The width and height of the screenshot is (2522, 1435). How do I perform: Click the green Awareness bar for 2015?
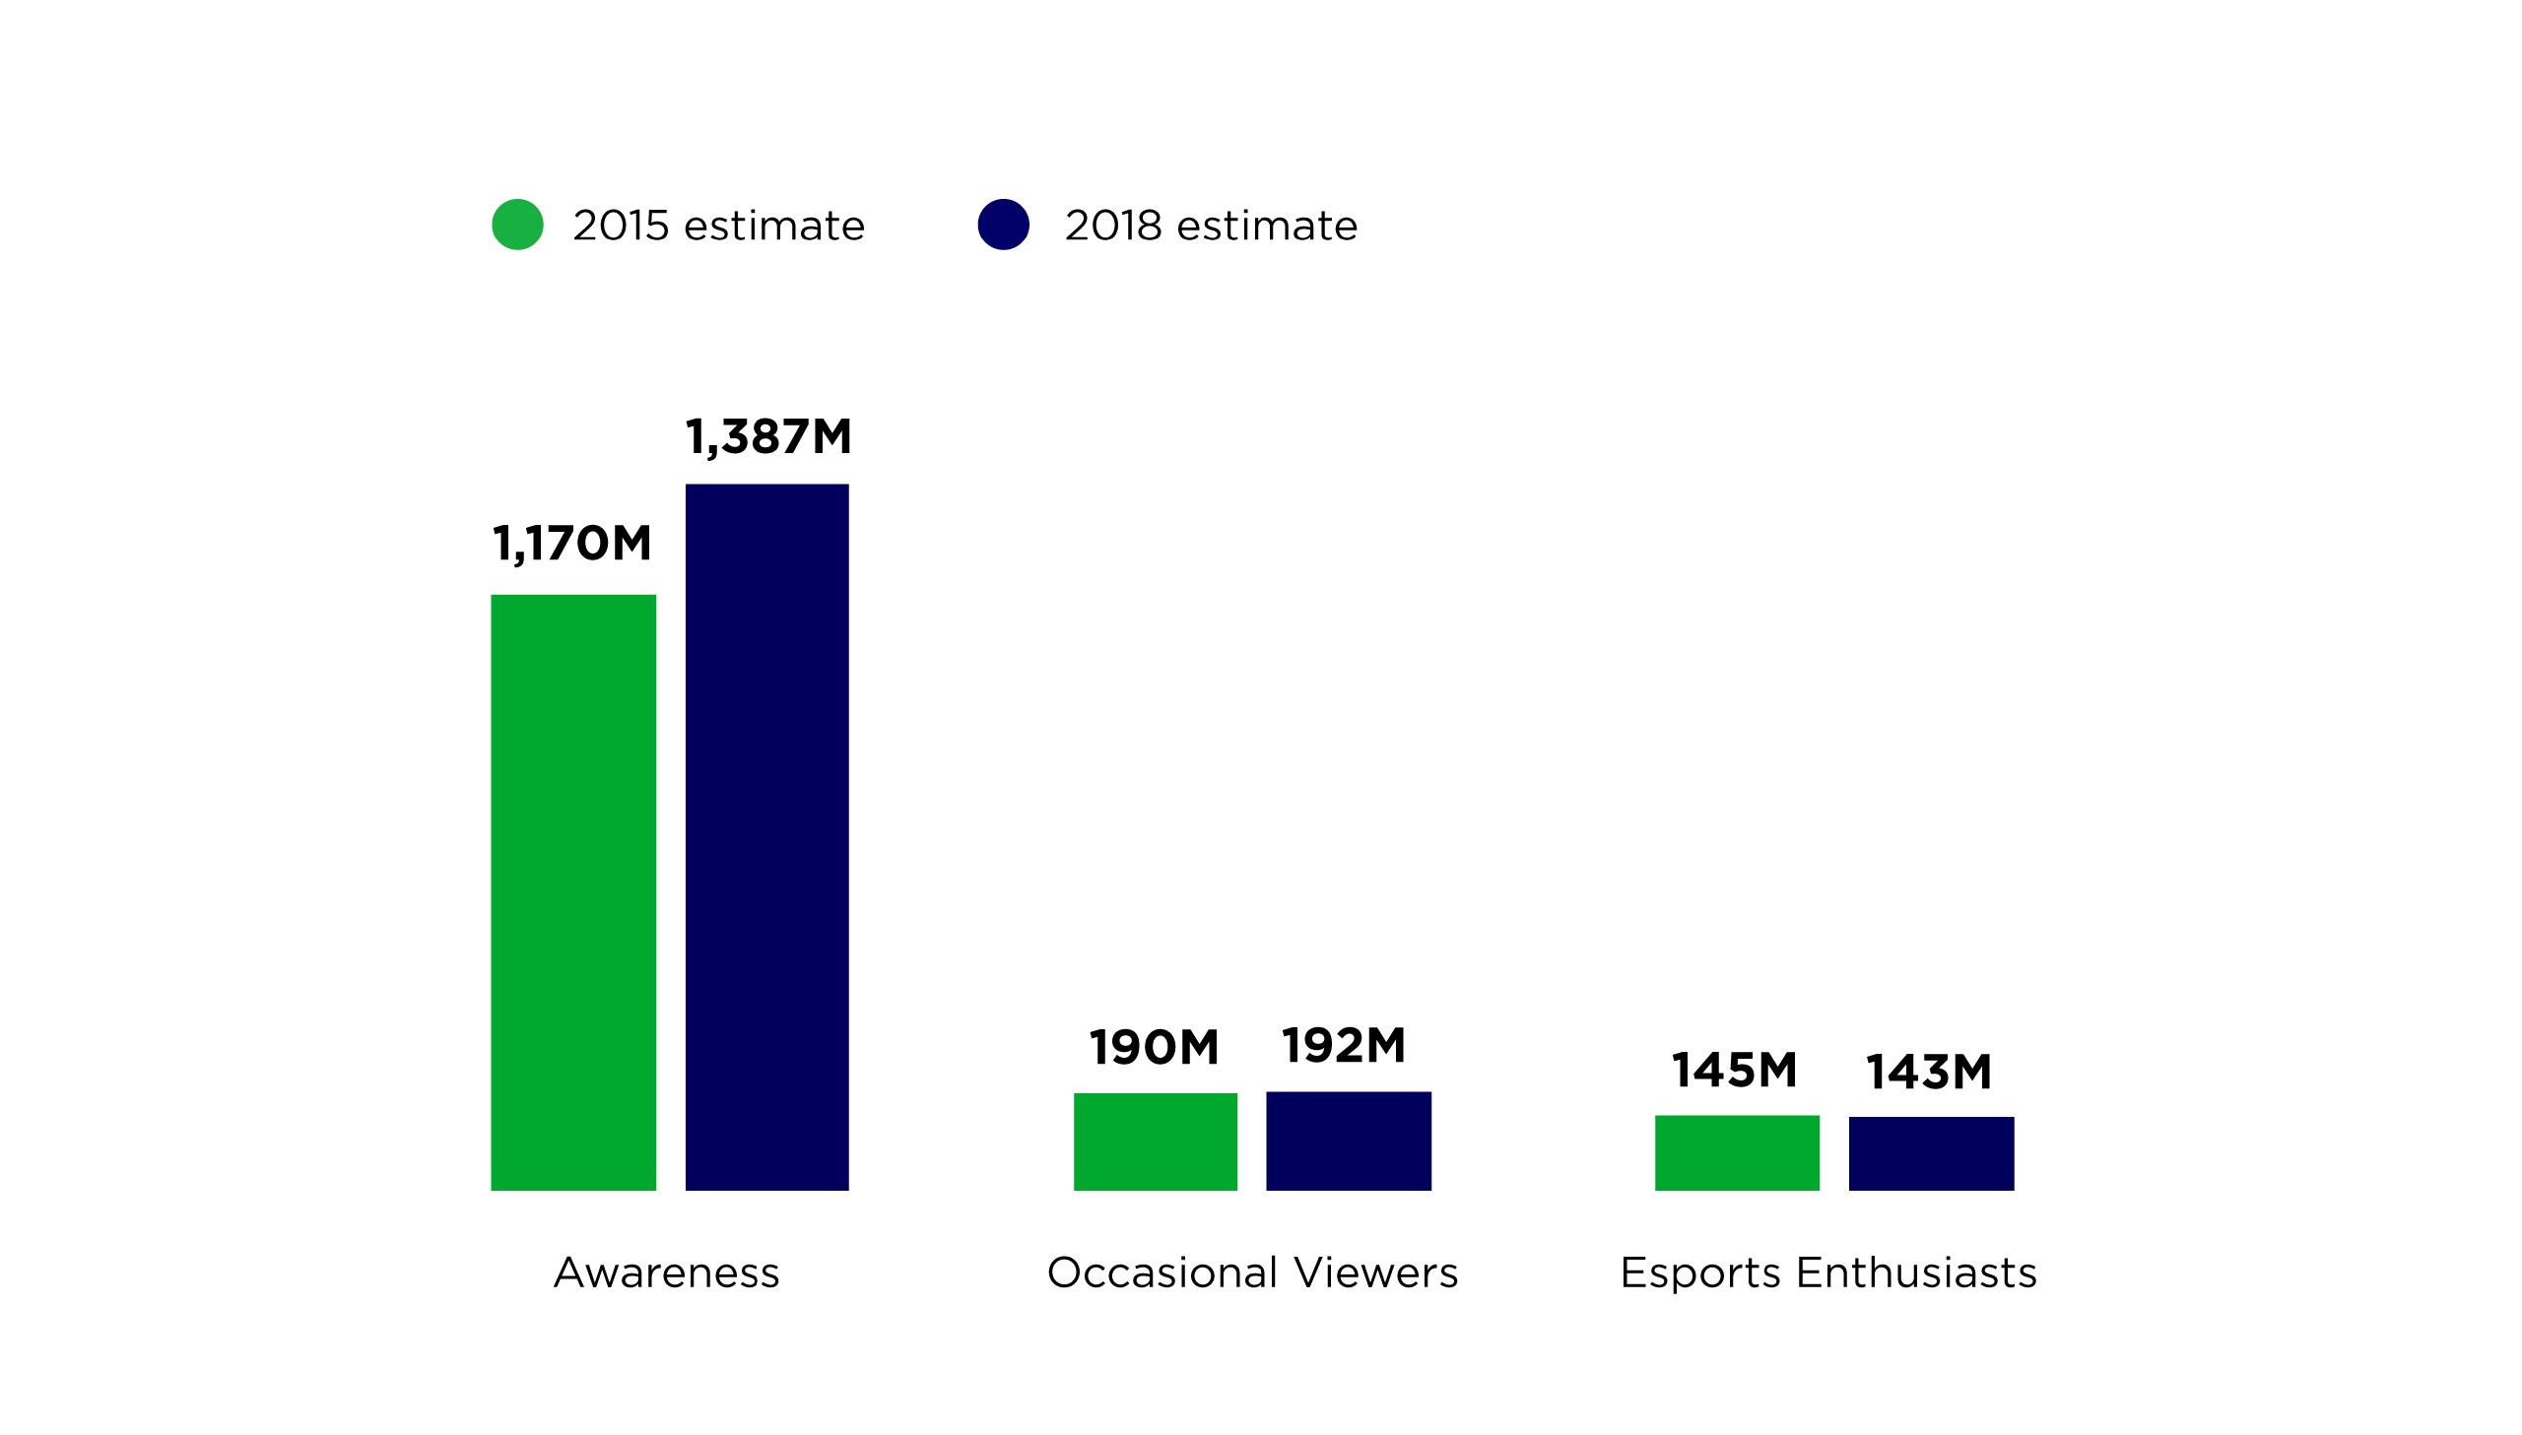point(572,892)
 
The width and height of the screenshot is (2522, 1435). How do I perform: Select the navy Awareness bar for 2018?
point(766,837)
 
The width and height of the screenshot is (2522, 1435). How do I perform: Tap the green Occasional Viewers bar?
point(1155,1141)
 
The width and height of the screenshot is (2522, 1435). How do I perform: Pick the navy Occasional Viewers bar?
point(1349,1141)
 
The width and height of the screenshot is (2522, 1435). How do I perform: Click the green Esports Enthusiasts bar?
point(1737,1152)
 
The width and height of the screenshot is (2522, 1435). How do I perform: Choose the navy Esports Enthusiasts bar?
point(1931,1153)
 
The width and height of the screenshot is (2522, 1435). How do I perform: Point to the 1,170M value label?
point(571,544)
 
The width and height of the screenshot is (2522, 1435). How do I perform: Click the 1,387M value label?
point(767,437)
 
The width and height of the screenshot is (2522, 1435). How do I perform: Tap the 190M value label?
point(1154,1048)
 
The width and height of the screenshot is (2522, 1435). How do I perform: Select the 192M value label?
point(1344,1046)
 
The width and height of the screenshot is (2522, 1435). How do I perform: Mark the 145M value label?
point(1735,1071)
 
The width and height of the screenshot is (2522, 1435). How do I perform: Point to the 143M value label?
point(1929,1073)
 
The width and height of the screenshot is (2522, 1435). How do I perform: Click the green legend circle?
point(517,225)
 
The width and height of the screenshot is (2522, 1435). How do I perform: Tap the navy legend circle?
point(1003,225)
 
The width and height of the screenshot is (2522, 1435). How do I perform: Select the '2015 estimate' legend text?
point(718,226)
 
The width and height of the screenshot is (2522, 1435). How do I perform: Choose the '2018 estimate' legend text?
point(1210,226)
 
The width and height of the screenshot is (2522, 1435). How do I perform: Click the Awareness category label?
point(666,1272)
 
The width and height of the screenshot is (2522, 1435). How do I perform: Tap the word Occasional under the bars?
point(1161,1272)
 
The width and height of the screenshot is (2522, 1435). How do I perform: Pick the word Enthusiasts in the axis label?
point(1916,1272)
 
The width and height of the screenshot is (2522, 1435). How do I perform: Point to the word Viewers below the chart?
point(1376,1272)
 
